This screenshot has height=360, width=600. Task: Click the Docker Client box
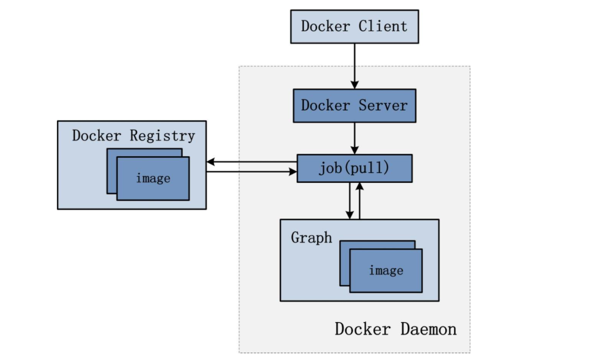point(355,26)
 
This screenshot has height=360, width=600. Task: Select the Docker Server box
point(354,105)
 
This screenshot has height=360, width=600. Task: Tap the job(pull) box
point(354,168)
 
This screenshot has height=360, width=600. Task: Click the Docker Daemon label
point(395,329)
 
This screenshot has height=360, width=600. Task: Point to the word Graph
point(312,238)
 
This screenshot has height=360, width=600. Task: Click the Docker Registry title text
point(133,136)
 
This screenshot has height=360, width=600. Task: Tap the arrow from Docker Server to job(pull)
point(354,138)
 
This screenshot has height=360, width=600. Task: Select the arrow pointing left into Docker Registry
point(251,163)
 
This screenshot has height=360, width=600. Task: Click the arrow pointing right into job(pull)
point(251,172)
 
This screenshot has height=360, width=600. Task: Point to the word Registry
point(162,136)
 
